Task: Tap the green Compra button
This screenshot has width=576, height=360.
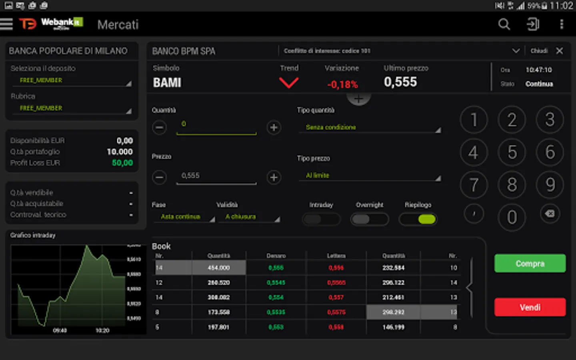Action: point(530,264)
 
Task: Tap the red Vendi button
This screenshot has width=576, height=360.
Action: point(530,307)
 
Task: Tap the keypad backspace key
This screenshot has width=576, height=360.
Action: point(550,214)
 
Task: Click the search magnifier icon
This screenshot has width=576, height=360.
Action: point(504,24)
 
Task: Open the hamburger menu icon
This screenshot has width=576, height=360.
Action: point(7,24)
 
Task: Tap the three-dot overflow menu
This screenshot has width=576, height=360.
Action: point(562,24)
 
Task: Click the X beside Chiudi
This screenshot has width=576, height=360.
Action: point(560,51)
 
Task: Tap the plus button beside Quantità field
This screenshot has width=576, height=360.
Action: point(274,128)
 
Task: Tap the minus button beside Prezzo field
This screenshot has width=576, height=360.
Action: point(159,177)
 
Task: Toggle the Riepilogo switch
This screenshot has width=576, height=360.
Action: point(418,219)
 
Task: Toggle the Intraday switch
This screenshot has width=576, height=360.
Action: point(321,219)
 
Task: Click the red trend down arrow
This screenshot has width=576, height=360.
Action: point(289,83)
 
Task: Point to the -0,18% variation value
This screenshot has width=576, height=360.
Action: point(342,84)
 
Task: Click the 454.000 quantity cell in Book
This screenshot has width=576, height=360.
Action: point(218,268)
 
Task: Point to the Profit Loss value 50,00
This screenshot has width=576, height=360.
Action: point(122,163)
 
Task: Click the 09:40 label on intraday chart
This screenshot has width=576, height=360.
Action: point(60,330)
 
